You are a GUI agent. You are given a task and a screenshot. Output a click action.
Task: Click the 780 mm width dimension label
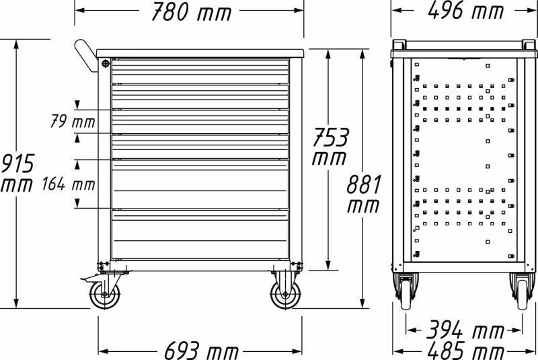pyautogui.click(x=191, y=12)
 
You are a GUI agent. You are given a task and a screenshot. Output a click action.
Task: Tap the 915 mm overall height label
pyautogui.click(x=16, y=174)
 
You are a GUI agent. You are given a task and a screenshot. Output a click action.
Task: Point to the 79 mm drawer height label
pyautogui.click(x=73, y=122)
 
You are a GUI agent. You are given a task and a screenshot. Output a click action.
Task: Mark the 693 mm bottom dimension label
pyautogui.click(x=190, y=350)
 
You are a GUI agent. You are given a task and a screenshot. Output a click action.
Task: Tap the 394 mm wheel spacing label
pyautogui.click(x=465, y=330)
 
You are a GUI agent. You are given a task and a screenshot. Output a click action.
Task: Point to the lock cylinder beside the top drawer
pyautogui.click(x=106, y=63)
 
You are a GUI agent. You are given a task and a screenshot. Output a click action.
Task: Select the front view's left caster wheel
pyautogui.click(x=104, y=294)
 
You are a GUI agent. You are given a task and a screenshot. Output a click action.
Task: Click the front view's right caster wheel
pyautogui.click(x=285, y=295)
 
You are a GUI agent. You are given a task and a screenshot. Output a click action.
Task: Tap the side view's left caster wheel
pyautogui.click(x=406, y=293)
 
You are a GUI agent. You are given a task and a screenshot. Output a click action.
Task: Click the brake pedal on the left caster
pyautogui.click(x=85, y=279)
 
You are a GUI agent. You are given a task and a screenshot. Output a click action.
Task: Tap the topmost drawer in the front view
pyautogui.click(x=200, y=70)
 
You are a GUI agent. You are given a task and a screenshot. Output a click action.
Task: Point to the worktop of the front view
pyautogui.click(x=200, y=52)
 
